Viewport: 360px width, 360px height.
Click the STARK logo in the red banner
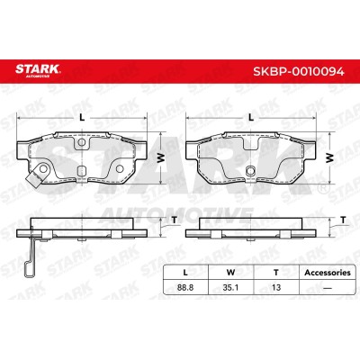(38, 71)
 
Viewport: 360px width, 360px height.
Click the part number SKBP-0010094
(299, 71)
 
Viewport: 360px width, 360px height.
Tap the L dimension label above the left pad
(82, 118)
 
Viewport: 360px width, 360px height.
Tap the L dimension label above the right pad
(251, 118)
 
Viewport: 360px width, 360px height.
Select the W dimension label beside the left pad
(161, 157)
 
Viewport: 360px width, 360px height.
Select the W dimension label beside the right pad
(329, 157)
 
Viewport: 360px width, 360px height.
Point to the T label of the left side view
(175, 220)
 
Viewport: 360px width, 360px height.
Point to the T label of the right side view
(343, 220)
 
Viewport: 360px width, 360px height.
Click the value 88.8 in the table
(185, 287)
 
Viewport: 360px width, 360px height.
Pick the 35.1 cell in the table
(230, 287)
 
